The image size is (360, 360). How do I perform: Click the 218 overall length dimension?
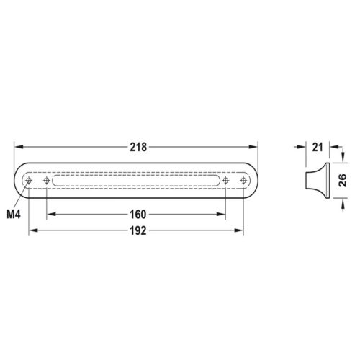pos(138,147)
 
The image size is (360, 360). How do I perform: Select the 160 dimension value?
pos(138,215)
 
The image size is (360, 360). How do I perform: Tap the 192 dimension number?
pos(138,230)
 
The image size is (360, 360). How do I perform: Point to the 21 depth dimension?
pos(318,147)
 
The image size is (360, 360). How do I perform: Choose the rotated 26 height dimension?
pos(343,180)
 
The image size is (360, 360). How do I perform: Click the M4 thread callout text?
pos(14,214)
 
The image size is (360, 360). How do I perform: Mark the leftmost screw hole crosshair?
pos(29,180)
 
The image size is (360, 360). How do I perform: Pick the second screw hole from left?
pos(47,180)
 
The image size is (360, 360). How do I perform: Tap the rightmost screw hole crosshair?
pos(243,180)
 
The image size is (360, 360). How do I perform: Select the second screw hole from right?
pos(225,180)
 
